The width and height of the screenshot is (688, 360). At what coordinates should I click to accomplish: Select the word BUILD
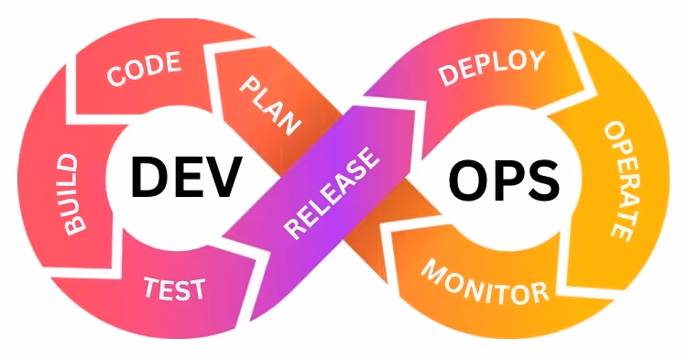(71, 194)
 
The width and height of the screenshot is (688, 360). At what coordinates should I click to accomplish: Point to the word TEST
(174, 289)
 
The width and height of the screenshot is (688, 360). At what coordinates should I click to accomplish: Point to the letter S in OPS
(541, 180)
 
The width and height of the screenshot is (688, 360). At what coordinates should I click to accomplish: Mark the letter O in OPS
(464, 180)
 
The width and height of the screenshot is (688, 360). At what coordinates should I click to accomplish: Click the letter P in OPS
(504, 180)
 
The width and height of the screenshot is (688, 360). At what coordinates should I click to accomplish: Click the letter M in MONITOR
(432, 271)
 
